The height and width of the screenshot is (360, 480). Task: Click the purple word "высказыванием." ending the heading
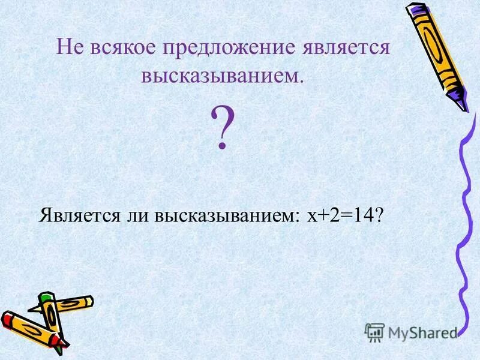[222, 76]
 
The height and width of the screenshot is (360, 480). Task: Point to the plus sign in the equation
[322, 215]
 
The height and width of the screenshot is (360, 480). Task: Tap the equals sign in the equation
[341, 215]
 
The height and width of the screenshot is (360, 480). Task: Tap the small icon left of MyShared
[374, 332]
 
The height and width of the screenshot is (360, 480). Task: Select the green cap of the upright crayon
[46, 298]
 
